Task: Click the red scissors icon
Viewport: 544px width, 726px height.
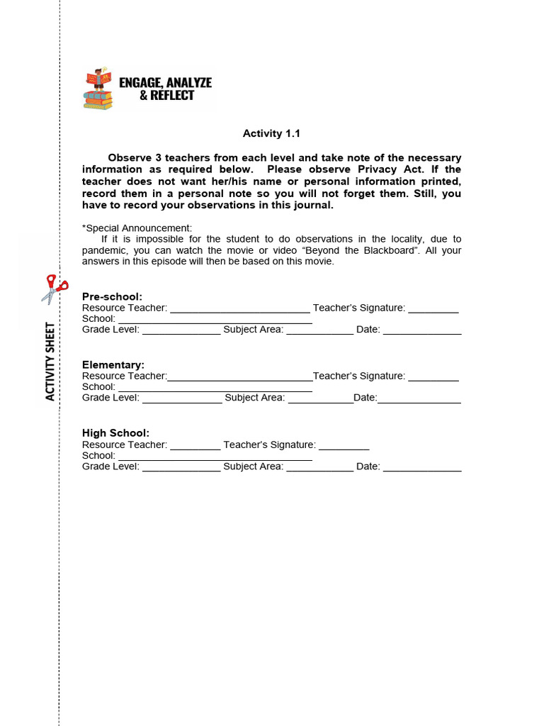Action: click(x=55, y=289)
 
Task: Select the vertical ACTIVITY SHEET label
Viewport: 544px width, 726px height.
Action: click(x=50, y=362)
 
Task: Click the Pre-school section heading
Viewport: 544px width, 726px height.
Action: click(x=112, y=296)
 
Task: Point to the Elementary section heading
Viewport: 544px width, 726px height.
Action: click(x=113, y=364)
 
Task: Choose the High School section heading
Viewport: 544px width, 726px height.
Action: click(x=115, y=433)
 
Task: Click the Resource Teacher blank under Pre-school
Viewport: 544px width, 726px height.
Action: click(x=239, y=308)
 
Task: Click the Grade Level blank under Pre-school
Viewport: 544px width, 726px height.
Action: click(x=181, y=330)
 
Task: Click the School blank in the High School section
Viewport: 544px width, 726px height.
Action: click(x=215, y=457)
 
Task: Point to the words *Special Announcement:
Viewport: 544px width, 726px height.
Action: click(x=137, y=228)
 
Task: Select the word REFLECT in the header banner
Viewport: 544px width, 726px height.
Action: click(x=172, y=96)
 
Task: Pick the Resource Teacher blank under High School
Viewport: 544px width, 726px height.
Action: click(x=195, y=445)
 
